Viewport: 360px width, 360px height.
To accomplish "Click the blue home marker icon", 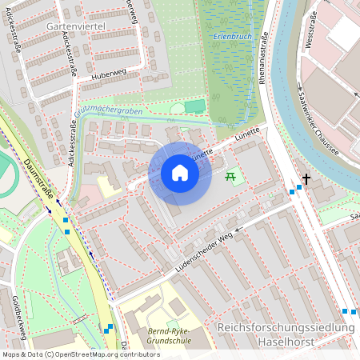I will point(180,173).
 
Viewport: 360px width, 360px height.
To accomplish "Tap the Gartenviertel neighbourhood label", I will point(77,26).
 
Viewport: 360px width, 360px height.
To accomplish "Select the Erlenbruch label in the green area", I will point(231,37).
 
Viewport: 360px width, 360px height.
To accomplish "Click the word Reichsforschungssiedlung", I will point(285,329).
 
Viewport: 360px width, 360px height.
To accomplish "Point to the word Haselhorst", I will point(285,342).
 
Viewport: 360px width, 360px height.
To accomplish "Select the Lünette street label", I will point(249,138).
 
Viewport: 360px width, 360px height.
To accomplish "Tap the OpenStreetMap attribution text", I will point(80,354).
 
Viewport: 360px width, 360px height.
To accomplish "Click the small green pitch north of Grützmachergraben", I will point(194,106).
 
